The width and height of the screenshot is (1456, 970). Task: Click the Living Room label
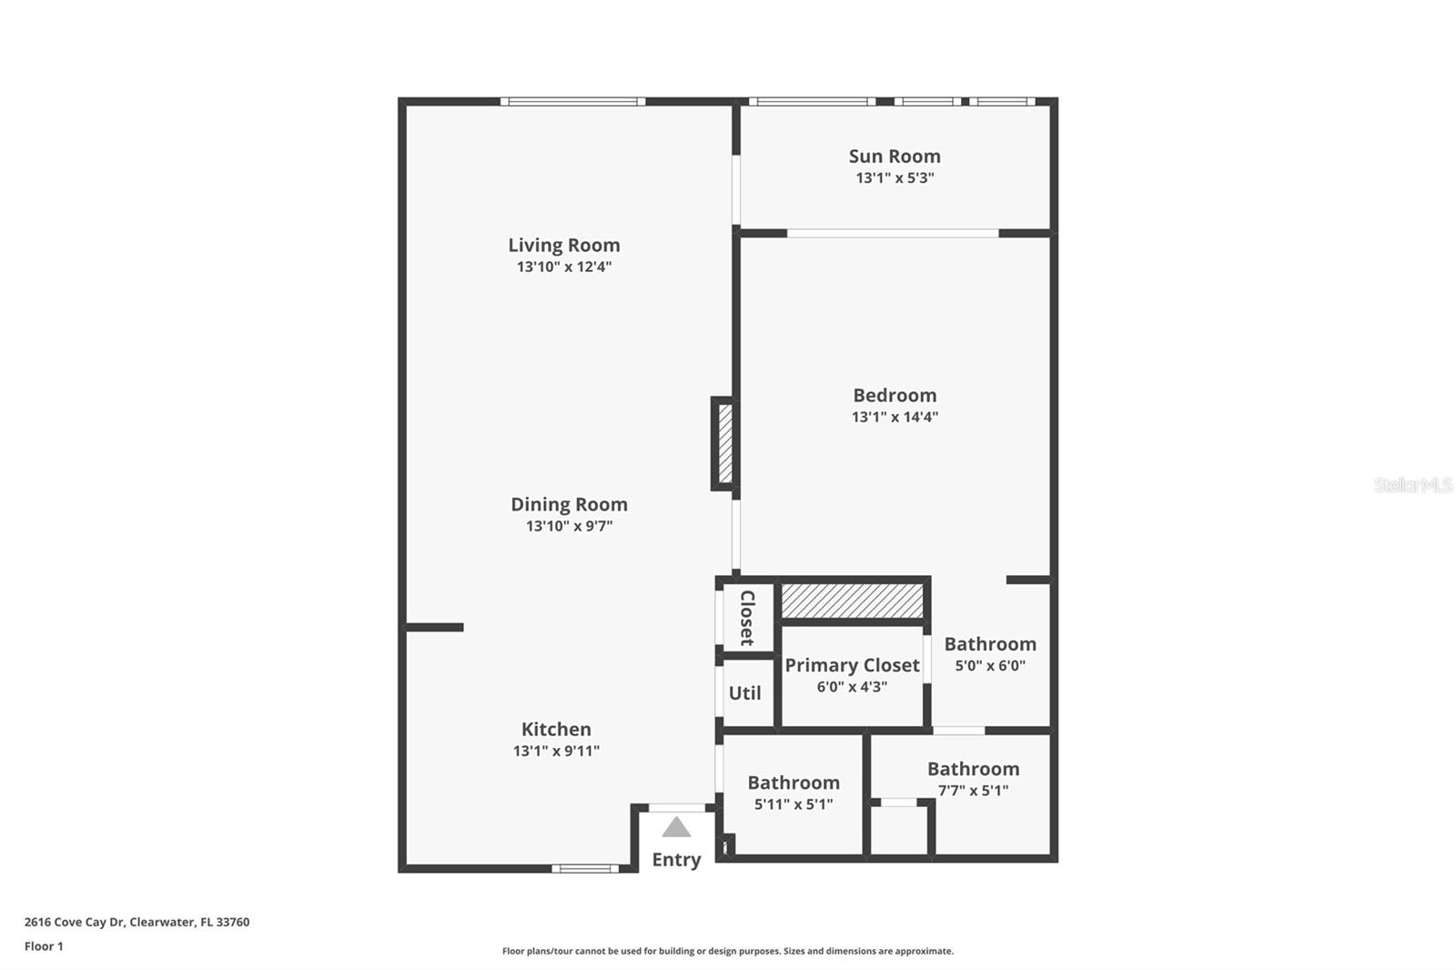563,245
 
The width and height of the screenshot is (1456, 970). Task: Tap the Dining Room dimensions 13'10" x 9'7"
569,526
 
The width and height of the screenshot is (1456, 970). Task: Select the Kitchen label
556,729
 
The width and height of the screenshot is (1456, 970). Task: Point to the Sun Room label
895,157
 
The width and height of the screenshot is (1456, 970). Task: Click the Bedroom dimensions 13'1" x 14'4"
895,417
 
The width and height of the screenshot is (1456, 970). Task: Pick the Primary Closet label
852,665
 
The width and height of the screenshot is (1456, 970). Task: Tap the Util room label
744,693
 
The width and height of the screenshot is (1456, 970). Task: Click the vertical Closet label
747,618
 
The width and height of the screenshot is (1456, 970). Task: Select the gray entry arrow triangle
676,827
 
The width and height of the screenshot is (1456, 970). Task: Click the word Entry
676,860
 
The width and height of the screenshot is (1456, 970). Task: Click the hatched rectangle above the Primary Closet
853,601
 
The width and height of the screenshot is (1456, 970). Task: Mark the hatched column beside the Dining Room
725,443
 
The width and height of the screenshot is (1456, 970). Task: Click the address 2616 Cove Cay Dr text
136,922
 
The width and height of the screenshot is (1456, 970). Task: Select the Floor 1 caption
44,946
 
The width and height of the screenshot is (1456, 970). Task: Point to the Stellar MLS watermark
1412,485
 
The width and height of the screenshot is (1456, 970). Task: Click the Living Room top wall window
572,101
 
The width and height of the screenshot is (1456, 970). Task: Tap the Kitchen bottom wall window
585,868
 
